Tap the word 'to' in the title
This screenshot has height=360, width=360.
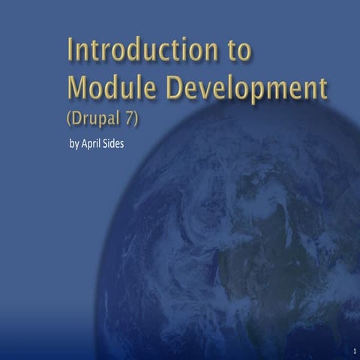click(238, 50)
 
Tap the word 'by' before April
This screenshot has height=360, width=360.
click(73, 143)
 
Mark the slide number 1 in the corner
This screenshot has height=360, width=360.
click(352, 351)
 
